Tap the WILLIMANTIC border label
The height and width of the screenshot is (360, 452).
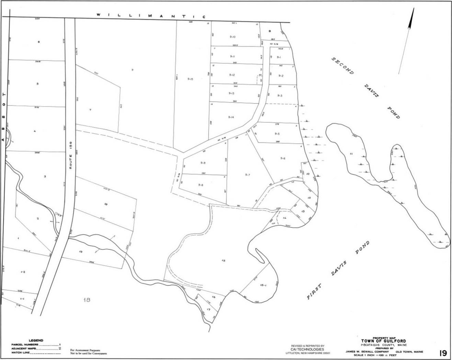click(x=151, y=15)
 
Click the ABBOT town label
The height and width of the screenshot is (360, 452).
click(x=4, y=117)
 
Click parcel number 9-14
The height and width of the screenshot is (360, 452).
click(x=231, y=117)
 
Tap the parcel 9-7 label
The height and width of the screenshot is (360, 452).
click(x=247, y=175)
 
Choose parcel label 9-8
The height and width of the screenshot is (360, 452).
click(x=201, y=185)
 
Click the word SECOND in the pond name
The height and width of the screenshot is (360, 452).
click(x=342, y=66)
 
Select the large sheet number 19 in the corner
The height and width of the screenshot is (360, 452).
click(x=442, y=353)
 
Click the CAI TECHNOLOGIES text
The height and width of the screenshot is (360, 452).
click(x=307, y=349)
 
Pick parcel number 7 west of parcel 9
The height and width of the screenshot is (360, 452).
click(x=90, y=110)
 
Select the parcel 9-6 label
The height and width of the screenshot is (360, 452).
click(x=283, y=158)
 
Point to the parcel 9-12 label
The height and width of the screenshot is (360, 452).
click(x=232, y=75)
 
